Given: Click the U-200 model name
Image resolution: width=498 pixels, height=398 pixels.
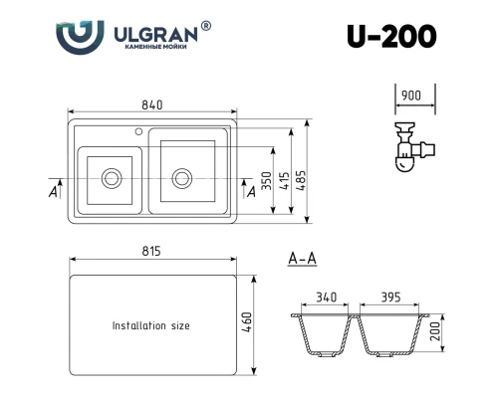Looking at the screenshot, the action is [x=391, y=37].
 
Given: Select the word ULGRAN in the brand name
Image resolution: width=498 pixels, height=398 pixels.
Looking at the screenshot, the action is [x=155, y=35].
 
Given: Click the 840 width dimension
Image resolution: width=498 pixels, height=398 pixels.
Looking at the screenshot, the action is [x=152, y=104].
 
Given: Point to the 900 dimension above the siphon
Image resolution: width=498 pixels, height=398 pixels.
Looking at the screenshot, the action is [x=411, y=96].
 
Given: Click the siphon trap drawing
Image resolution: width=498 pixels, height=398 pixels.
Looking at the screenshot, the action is [x=414, y=147].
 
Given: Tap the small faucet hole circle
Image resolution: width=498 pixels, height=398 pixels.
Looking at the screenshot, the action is [x=138, y=131].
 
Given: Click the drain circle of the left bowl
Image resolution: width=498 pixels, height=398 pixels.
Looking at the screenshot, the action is [x=112, y=178].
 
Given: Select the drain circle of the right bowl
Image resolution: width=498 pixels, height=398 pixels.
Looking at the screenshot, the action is [x=182, y=179].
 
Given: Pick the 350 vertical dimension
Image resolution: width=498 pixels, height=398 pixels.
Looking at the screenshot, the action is [x=266, y=181].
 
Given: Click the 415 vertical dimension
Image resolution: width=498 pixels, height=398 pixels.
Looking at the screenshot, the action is [x=285, y=181].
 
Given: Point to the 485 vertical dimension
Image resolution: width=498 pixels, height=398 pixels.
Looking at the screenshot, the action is [x=301, y=181].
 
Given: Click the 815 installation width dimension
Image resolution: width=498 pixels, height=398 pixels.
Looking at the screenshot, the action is [x=151, y=251].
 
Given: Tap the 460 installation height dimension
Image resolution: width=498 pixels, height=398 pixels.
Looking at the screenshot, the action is [x=247, y=322].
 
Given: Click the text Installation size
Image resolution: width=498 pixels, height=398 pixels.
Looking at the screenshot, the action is [x=151, y=325].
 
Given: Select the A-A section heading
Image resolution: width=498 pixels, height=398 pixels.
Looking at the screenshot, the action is [x=302, y=259].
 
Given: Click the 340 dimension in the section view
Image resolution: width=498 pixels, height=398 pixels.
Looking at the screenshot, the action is [x=326, y=298].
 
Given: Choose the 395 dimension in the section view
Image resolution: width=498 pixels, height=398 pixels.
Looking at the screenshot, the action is [x=390, y=298].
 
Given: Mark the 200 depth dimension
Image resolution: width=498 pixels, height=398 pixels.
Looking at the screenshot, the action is [x=435, y=331].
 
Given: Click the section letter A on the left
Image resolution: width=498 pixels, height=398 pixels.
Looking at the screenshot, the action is [x=53, y=191].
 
